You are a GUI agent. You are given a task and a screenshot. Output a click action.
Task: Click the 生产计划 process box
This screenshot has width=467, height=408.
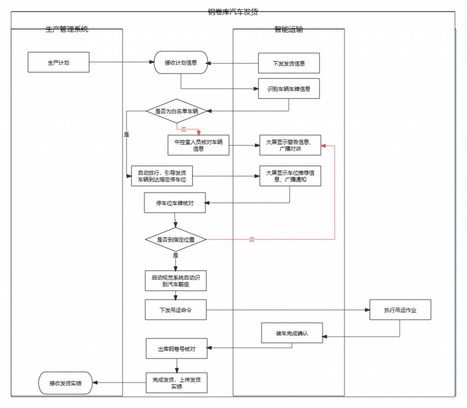click(58, 62)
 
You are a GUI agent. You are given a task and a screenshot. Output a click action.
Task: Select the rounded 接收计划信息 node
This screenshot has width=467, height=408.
click(181, 62)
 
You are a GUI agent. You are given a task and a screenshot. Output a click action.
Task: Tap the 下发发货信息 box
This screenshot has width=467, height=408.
click(289, 63)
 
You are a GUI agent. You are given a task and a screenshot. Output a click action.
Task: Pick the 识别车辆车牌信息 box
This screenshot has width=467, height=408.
click(289, 89)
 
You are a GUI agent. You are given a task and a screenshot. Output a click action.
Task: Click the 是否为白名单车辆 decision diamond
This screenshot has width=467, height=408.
click(176, 111)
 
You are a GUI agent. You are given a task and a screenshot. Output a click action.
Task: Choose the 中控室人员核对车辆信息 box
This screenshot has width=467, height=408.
click(198, 145)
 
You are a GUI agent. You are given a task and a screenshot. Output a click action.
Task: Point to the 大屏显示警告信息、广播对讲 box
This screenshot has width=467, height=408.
click(290, 145)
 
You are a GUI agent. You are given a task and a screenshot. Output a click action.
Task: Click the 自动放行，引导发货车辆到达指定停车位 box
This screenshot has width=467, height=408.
click(162, 176)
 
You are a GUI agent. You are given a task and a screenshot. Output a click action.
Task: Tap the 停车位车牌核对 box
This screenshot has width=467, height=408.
click(175, 203)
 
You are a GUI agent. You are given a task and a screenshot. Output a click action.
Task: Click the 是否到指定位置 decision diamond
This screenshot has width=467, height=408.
click(176, 239)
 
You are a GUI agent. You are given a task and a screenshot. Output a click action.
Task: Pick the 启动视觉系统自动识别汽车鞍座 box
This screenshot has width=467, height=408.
click(176, 280)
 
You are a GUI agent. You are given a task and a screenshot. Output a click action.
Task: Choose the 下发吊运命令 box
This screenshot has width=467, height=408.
click(176, 310)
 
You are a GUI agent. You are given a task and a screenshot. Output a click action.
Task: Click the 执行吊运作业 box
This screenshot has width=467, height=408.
click(400, 310)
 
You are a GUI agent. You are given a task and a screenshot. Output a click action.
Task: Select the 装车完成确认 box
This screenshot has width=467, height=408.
click(292, 333)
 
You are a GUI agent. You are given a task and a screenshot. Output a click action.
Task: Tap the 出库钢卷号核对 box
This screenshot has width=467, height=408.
click(176, 349)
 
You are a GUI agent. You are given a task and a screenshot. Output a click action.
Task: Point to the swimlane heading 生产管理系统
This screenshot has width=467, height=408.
click(67, 30)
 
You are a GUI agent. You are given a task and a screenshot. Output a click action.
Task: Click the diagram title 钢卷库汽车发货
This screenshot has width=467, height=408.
click(233, 12)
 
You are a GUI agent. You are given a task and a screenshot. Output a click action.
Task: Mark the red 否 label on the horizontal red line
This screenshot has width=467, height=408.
click(252, 239)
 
